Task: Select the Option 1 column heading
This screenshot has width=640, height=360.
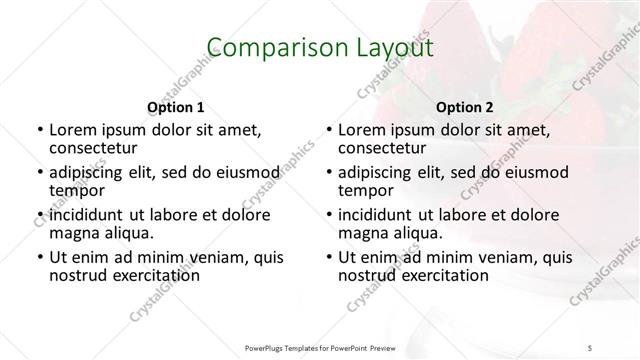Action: tap(176, 107)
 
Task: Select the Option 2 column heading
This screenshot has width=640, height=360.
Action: tap(465, 107)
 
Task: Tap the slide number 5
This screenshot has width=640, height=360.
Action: tap(590, 347)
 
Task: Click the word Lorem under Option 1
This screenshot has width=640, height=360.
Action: tap(74, 130)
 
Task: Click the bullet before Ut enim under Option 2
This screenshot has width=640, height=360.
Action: tap(328, 256)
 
